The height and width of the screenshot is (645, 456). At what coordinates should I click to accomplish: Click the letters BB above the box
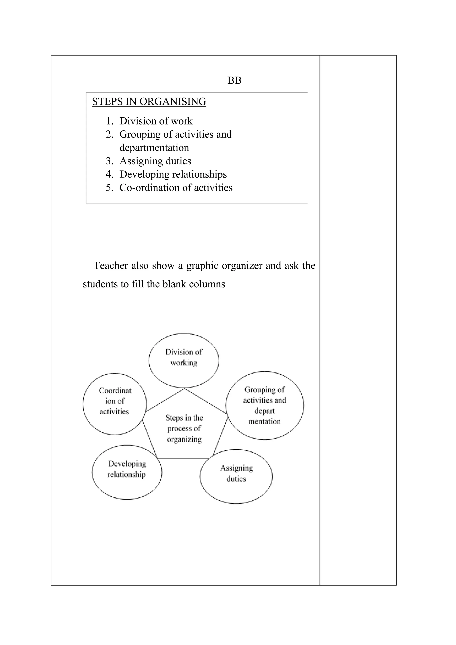coord(234,81)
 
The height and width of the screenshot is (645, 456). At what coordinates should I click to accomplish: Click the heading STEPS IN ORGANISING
coord(149,102)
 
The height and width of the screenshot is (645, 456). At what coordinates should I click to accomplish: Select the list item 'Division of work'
coord(156,121)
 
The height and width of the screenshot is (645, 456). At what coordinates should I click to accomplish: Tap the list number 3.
coord(109,161)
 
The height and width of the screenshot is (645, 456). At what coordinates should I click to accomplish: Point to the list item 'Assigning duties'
coord(155,161)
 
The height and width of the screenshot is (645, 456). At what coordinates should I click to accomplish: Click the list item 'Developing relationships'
coord(173,174)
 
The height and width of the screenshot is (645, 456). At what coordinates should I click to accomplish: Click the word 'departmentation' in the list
coord(154,148)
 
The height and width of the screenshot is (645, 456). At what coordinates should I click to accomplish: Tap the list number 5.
coord(109,188)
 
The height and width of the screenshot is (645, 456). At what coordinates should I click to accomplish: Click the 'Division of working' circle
coord(184,360)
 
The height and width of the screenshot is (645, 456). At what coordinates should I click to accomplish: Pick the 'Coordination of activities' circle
coord(115,404)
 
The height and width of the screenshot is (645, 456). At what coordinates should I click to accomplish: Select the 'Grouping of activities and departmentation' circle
coord(265,405)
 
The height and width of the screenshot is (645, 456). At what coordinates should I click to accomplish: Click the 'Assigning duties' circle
coord(236,476)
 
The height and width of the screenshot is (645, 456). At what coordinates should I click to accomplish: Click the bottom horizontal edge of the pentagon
coord(183,458)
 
